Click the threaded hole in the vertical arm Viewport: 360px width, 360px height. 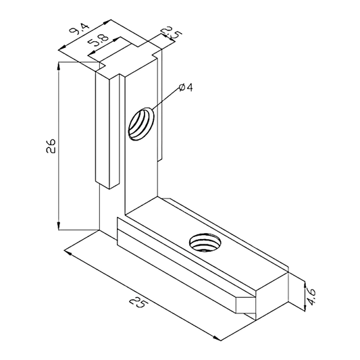pyautogui.click(x=142, y=124)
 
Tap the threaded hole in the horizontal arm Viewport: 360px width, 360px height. pyautogui.click(x=203, y=240)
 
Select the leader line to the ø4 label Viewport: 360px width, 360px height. pyautogui.click(x=166, y=101)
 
